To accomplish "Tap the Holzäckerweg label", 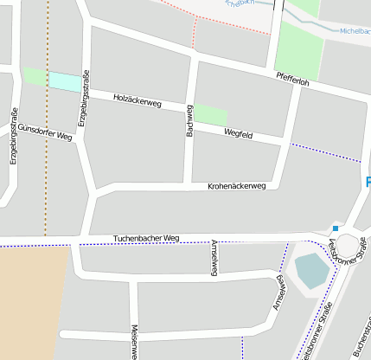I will click(138, 101).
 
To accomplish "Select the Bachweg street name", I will click(189, 120).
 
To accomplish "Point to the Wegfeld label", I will click(238, 134).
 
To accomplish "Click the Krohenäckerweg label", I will click(237, 186).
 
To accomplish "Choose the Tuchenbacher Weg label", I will click(146, 238).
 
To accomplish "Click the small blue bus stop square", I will click(335, 228).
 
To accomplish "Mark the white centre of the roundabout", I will click(348, 246).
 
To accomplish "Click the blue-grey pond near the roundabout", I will click(312, 270).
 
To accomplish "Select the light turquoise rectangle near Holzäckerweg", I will click(62, 80).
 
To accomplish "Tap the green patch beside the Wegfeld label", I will click(210, 114).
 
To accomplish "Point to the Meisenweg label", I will click(134, 342).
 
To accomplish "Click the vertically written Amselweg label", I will click(214, 257).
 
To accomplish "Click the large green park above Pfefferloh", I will click(300, 48).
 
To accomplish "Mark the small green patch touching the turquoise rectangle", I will click(35, 76).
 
